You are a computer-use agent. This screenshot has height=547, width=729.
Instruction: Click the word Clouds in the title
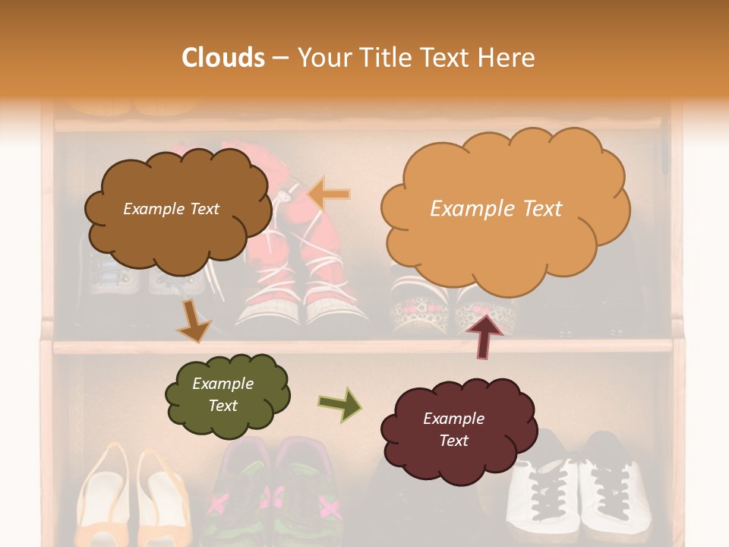pos(222,58)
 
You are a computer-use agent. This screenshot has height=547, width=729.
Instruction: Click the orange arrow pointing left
pos(329,194)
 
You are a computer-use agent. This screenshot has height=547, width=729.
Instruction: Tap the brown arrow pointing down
pos(193,320)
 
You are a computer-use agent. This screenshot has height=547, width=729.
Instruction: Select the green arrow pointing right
pos(339,405)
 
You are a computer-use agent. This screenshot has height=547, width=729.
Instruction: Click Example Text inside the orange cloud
pos(496,209)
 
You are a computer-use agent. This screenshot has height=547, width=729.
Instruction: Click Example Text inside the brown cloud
pos(171,209)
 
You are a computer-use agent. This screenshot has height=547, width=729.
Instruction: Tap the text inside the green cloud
pos(222,394)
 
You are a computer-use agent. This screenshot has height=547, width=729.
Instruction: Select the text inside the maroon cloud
pos(453,429)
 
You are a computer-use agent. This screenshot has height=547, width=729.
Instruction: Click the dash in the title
pos(280,58)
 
